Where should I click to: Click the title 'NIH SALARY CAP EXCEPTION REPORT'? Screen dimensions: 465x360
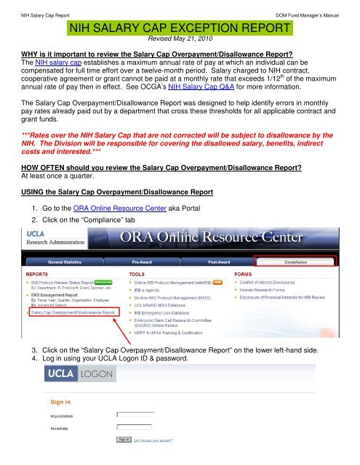pyautogui.click(x=181, y=28)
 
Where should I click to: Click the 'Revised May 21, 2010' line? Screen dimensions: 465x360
pyautogui.click(x=181, y=41)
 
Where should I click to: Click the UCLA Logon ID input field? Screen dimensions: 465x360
pyautogui.click(x=135, y=414)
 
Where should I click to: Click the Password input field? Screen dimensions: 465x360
pyautogui.click(x=135, y=426)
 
